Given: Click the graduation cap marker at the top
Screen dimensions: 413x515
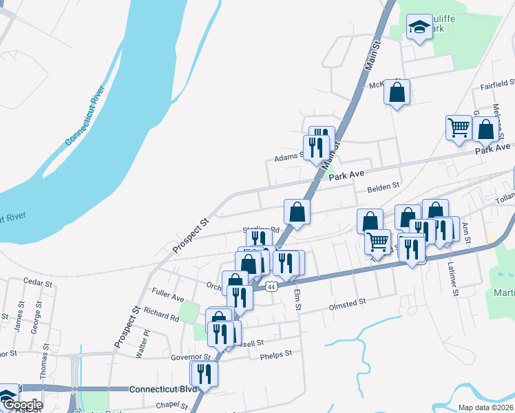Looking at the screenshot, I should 419,28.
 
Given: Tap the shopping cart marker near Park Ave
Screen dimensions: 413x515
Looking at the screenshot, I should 459,127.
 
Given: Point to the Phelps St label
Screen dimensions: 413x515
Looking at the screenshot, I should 276,354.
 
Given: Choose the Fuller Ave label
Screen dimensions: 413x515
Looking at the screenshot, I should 169,298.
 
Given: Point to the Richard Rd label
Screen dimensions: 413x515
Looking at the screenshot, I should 162,315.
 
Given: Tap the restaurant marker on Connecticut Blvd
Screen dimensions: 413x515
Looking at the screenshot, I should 204,373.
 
